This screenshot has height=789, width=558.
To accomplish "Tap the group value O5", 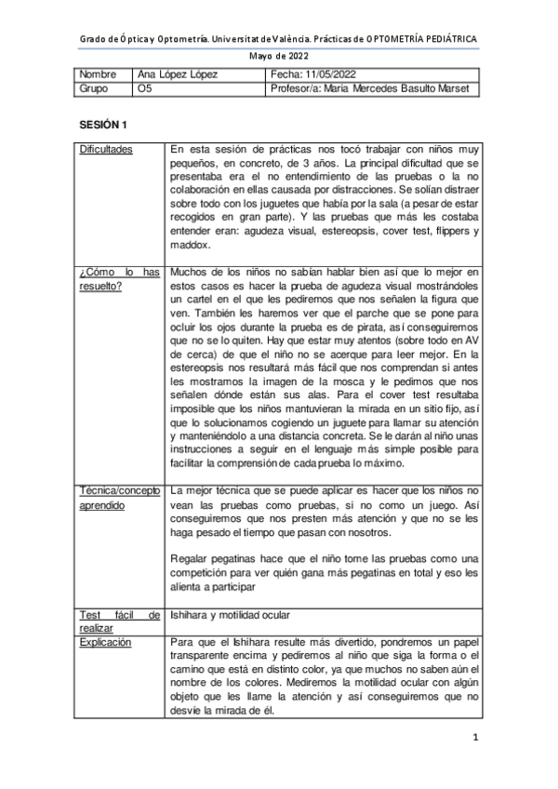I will pos(143,89).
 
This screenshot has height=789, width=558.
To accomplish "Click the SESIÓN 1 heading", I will pos(103,124).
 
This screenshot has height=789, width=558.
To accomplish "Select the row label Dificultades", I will pos(105,149).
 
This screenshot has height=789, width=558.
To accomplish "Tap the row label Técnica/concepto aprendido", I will pos(119,497).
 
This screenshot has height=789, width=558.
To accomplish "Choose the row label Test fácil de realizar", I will pos(119,621).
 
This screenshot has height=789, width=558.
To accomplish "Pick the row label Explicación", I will pos(105,643).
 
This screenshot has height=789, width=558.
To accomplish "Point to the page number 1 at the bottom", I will pos(474,739).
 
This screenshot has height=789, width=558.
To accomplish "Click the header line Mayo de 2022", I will pos(278,55).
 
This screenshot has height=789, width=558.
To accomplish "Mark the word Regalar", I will pos(193,558).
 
